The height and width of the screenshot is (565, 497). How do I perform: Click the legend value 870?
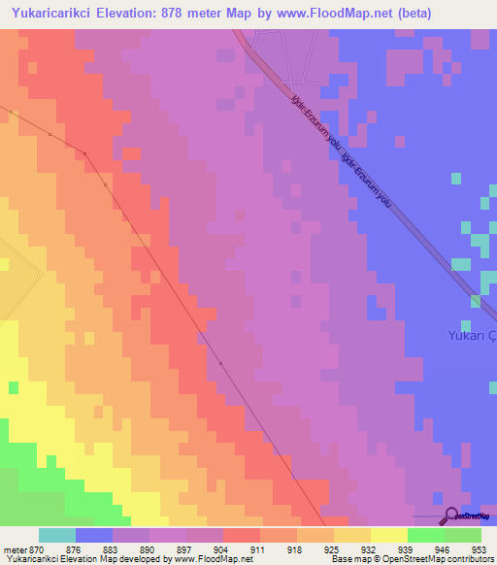36,548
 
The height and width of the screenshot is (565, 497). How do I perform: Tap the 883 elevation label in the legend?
113,548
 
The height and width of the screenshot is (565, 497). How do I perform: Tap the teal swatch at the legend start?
56,535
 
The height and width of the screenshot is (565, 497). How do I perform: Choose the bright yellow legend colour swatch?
388,535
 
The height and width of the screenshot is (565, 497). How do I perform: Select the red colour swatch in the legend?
241,535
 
